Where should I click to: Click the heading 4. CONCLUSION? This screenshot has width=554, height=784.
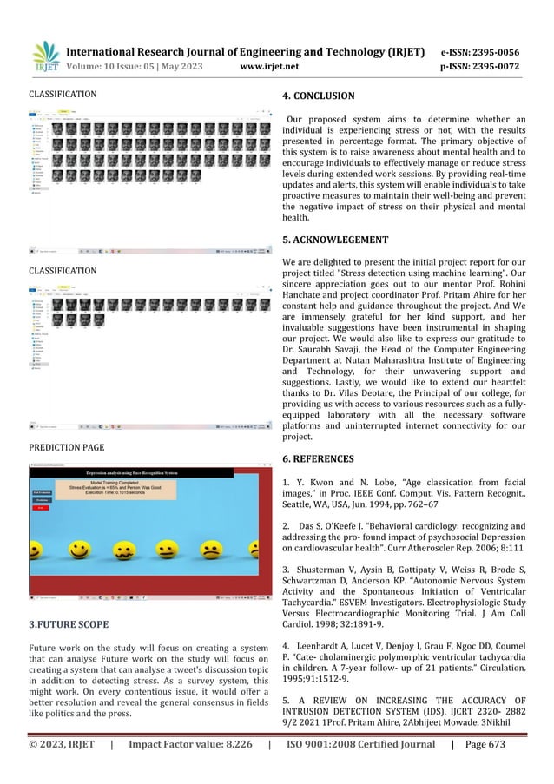pyautogui.click(x=319, y=96)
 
